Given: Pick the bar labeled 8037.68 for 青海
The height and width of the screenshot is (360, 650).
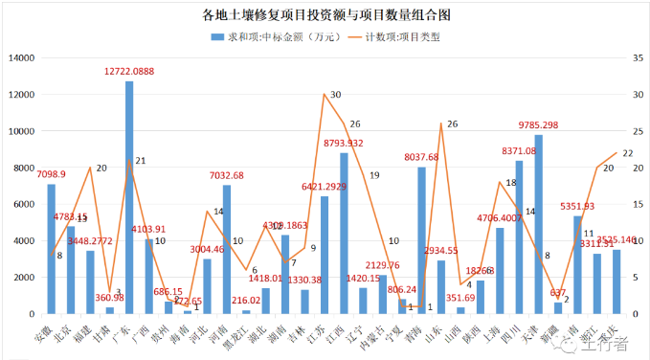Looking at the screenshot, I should (x=422, y=240).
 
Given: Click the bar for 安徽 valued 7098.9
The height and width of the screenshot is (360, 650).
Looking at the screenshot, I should (x=52, y=249).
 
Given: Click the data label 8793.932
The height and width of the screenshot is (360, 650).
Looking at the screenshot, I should (x=343, y=143).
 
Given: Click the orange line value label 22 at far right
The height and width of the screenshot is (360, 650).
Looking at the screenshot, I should (x=627, y=152).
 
